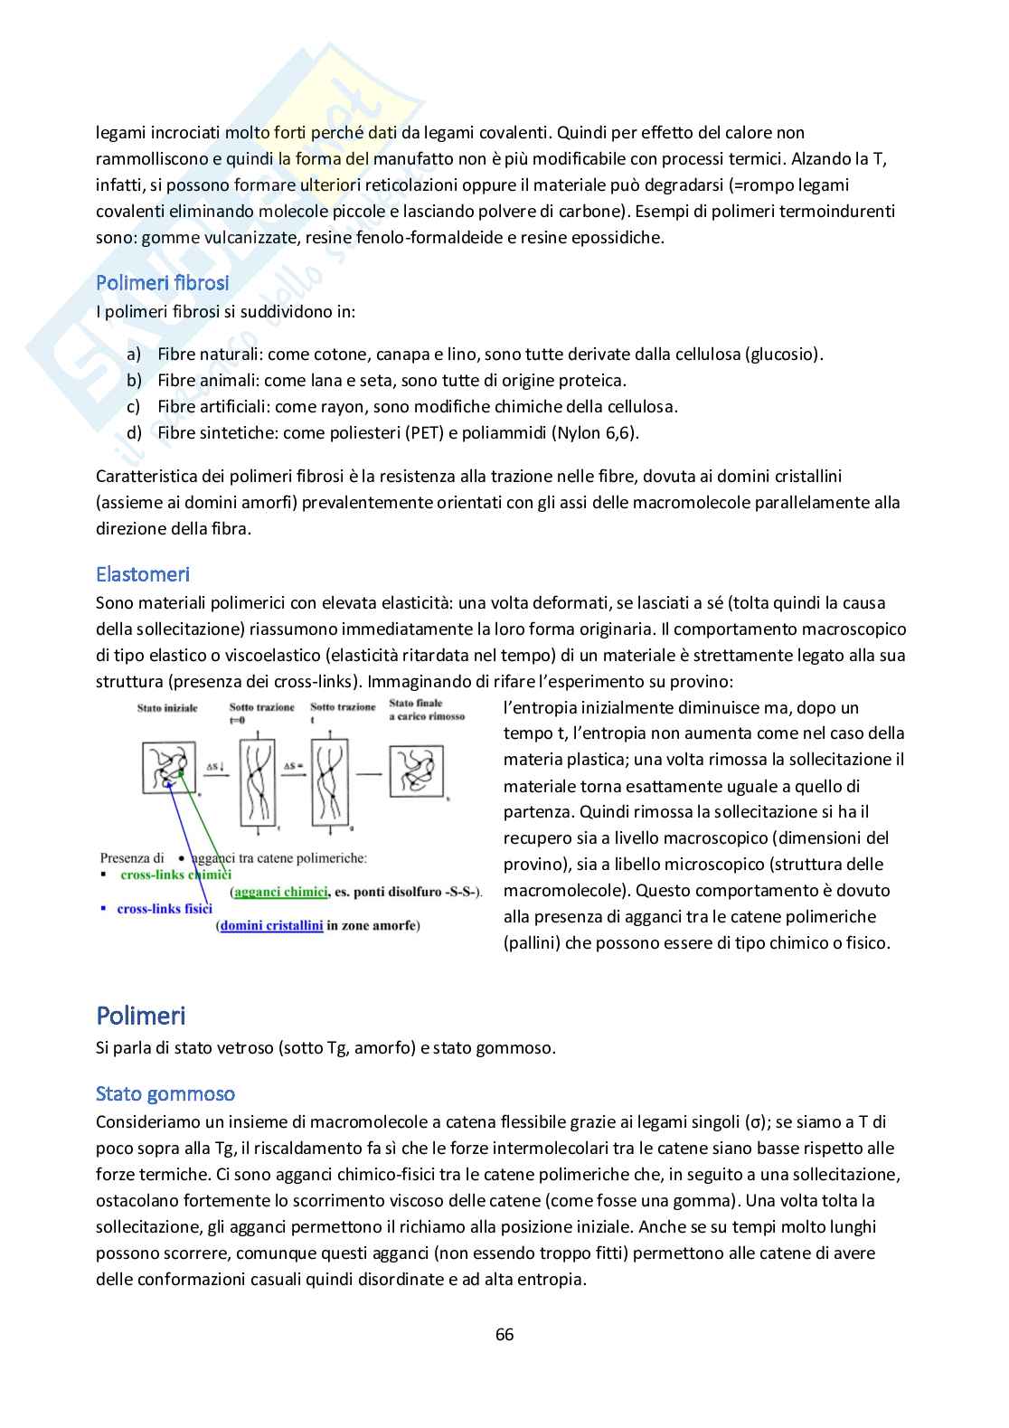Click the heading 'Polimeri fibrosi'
tap(163, 283)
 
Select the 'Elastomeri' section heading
tap(143, 574)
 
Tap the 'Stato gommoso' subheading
tap(165, 1094)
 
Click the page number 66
tap(504, 1335)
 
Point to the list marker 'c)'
tap(134, 407)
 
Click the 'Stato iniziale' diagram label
tap(167, 708)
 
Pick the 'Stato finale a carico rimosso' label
tap(427, 709)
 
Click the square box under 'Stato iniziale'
tap(169, 768)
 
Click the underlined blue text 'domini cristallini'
tap(271, 925)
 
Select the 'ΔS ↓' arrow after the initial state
tap(216, 768)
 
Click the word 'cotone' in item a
tap(315, 355)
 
